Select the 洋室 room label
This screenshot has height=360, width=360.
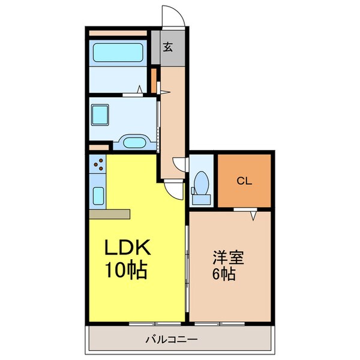coord(228,259)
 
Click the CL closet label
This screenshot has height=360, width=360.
coord(243,180)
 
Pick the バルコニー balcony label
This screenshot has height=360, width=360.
coord(171,340)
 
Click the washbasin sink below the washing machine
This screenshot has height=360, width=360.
coord(133,143)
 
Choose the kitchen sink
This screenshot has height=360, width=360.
coord(99,196)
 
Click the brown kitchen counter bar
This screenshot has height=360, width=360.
coord(109,214)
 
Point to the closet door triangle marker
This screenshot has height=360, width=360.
coord(253,214)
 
